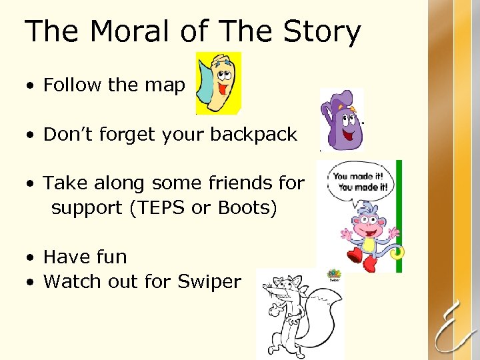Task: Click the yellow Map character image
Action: (x=218, y=84)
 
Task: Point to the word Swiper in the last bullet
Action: (x=209, y=282)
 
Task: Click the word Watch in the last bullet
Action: (x=68, y=282)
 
